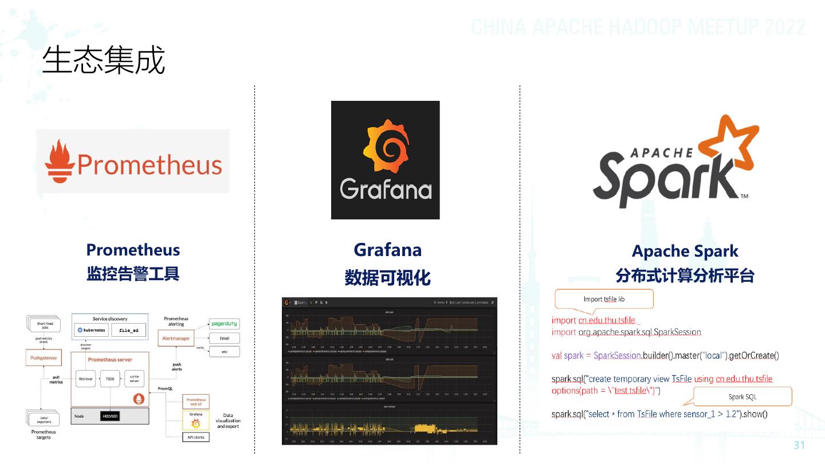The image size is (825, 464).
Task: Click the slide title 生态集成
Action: pos(104,60)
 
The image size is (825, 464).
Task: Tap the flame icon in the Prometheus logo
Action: pos(60,160)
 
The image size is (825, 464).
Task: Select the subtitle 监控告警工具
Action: pos(133,274)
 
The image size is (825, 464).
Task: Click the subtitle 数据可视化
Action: pos(387,278)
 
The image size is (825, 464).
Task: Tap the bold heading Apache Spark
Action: pos(685,251)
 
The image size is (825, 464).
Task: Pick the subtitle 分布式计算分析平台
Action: pos(685,276)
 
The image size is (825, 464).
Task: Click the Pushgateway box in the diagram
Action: pos(44,359)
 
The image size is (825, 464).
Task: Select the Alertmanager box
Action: pos(176,339)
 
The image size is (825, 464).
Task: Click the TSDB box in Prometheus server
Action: pos(109,379)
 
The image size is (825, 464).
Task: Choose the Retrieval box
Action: pos(85,379)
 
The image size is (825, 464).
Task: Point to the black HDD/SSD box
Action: pos(110,416)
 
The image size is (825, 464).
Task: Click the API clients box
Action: pos(195,437)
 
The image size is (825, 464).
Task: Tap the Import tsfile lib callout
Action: pos(604,299)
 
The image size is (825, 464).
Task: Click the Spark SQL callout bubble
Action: pos(742,396)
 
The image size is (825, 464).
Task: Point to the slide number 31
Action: pos(799,446)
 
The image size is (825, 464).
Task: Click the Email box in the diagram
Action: pos(224,338)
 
